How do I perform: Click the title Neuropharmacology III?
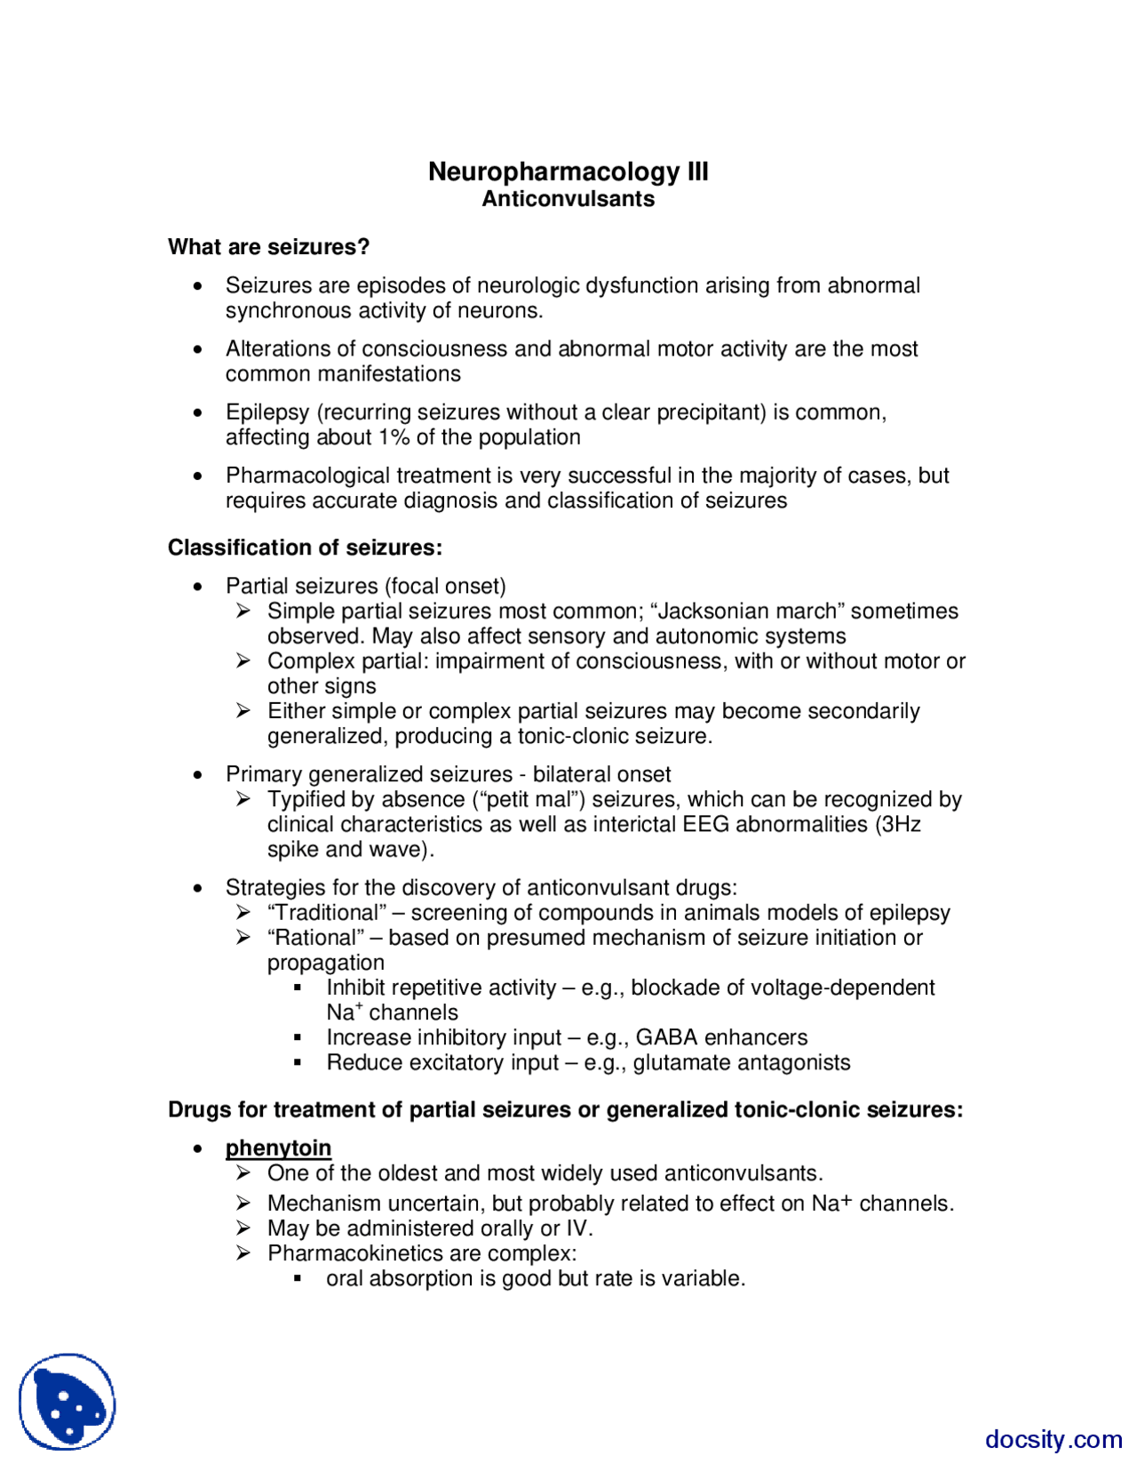click(568, 172)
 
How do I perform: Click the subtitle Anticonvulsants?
click(568, 199)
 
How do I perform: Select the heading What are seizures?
click(268, 247)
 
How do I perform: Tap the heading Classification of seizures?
click(305, 548)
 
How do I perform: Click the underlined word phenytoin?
click(278, 1148)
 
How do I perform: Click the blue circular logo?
click(68, 1401)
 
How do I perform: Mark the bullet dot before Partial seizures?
click(198, 587)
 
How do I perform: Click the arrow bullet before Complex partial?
click(243, 660)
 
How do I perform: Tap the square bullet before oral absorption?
click(298, 1279)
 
